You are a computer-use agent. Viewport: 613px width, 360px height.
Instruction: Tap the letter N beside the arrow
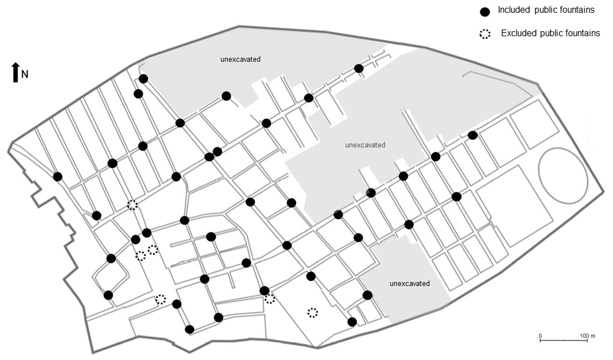pos(25,75)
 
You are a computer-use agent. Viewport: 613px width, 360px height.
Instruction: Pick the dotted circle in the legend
pos(485,34)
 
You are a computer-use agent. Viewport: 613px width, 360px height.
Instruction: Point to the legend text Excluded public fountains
pos(550,33)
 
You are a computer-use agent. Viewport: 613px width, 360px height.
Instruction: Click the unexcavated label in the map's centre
pos(365,145)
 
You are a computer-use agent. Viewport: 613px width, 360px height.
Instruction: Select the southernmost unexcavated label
pos(409,283)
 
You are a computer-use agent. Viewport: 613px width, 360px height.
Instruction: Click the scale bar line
pos(564,340)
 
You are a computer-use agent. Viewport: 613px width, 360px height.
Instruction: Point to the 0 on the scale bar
pos(540,335)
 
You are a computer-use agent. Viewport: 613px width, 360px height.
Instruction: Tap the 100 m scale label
pos(587,335)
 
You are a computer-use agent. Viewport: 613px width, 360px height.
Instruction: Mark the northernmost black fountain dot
pos(359,68)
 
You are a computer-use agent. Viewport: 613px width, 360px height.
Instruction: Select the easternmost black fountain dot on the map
pos(473,135)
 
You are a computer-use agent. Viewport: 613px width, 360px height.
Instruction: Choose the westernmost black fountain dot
pos(58,177)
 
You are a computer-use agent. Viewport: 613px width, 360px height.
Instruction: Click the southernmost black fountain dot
pos(190,329)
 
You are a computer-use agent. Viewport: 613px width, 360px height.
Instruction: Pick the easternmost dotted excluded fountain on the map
pos(313,313)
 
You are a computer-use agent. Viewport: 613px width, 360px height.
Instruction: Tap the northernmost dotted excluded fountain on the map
pos(132,205)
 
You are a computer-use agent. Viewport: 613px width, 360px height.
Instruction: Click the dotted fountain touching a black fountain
pos(270,299)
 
